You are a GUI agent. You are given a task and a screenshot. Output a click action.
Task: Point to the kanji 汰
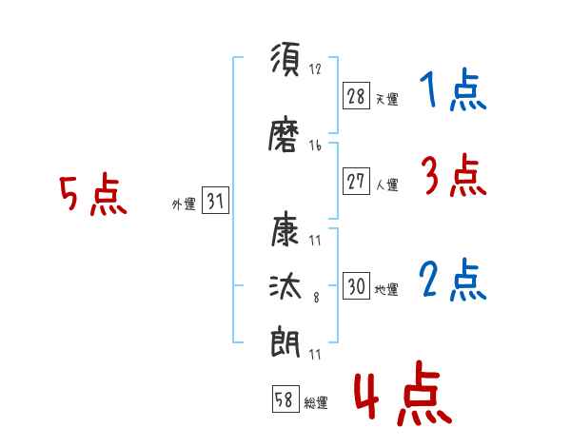pyautogui.click(x=286, y=287)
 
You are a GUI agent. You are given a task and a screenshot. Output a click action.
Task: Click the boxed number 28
pyautogui.click(x=356, y=96)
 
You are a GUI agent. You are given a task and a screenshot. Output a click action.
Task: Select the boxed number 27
pyautogui.click(x=356, y=183)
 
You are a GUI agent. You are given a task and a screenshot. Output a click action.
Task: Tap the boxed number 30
pyautogui.click(x=356, y=287)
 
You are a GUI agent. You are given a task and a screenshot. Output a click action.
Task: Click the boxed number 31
pyautogui.click(x=215, y=202)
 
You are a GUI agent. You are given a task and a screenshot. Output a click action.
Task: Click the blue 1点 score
pyautogui.click(x=452, y=91)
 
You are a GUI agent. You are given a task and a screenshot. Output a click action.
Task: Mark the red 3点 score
pyautogui.click(x=452, y=175)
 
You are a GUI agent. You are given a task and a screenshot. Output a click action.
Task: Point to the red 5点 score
pyautogui.click(x=92, y=196)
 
